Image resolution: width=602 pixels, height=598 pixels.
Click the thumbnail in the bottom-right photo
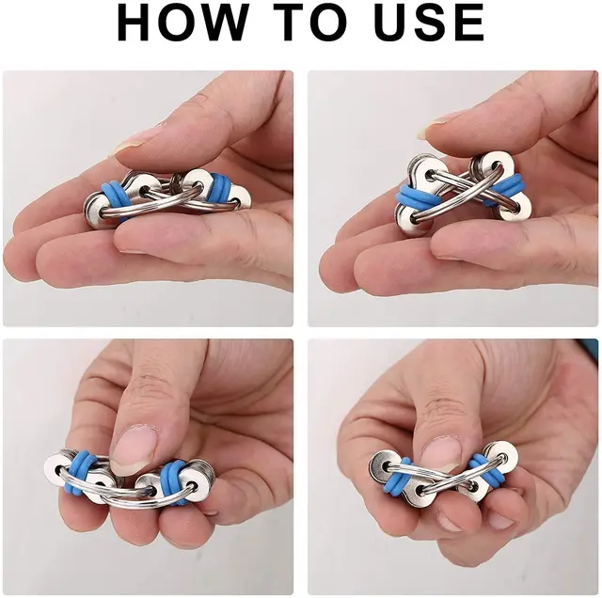point(438,452)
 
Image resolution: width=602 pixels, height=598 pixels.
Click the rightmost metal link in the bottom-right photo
point(499,459)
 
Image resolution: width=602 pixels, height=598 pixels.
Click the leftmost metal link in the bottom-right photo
point(386,466)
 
